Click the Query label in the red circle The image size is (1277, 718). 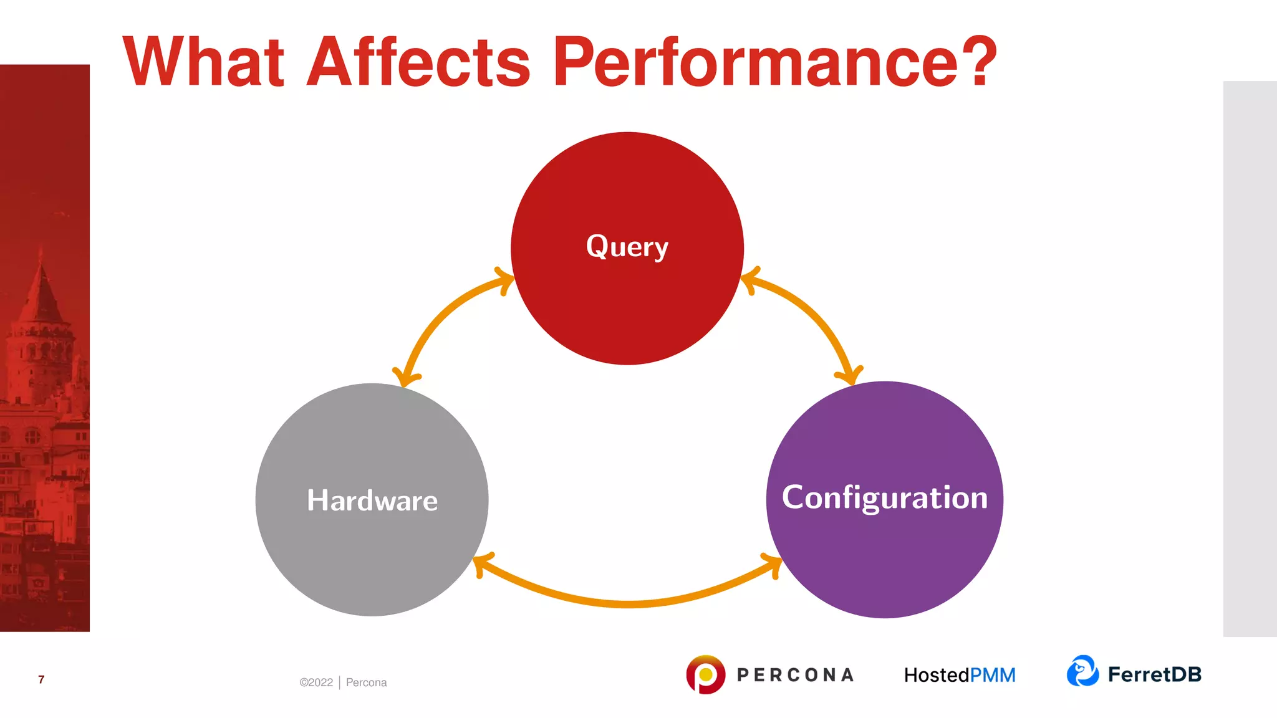point(627,247)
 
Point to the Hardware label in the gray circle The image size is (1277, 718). point(372,500)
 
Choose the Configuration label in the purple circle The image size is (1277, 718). point(884,498)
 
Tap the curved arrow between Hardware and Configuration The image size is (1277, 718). point(629,602)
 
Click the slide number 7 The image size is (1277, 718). point(41,679)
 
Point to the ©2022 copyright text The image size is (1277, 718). point(316,682)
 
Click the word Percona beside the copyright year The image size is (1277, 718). point(366,682)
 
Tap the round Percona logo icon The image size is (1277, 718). point(705,674)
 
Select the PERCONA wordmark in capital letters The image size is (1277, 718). point(795,675)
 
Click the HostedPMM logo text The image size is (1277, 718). point(959,675)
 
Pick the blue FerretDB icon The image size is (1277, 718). point(1082,671)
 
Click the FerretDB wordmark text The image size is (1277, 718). point(1154,674)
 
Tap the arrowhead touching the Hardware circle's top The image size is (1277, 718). point(406,376)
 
